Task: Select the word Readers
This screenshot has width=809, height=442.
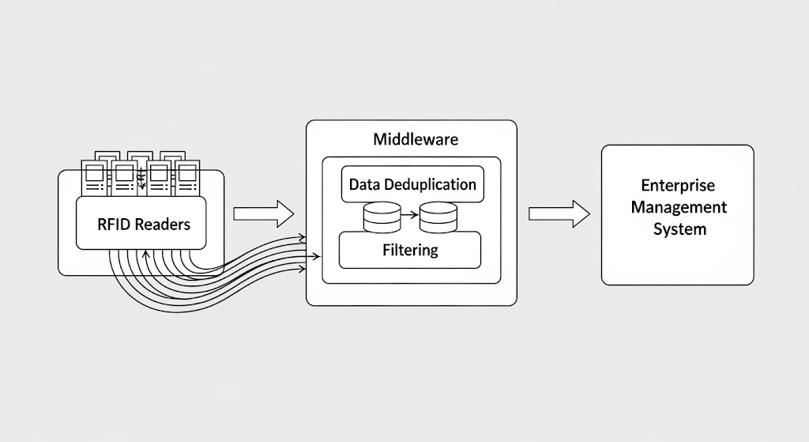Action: point(163,224)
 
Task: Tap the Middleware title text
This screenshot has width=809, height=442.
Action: point(415,140)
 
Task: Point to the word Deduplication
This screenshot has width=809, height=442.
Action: point(431,184)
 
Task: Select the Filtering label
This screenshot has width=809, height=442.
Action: point(409,250)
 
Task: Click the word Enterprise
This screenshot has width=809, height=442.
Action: point(678,186)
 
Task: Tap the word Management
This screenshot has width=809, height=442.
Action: point(678,207)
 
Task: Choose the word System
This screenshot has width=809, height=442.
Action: point(678,229)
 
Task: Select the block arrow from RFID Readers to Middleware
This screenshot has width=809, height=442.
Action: point(263,213)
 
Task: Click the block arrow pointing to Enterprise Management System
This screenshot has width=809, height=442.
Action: point(559,213)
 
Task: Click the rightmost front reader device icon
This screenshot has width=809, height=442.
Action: point(187,179)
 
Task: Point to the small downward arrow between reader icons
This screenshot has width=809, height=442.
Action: point(141,186)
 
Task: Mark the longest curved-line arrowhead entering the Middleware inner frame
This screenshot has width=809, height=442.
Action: point(317,255)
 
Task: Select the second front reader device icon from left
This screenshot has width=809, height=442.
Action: point(124,179)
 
